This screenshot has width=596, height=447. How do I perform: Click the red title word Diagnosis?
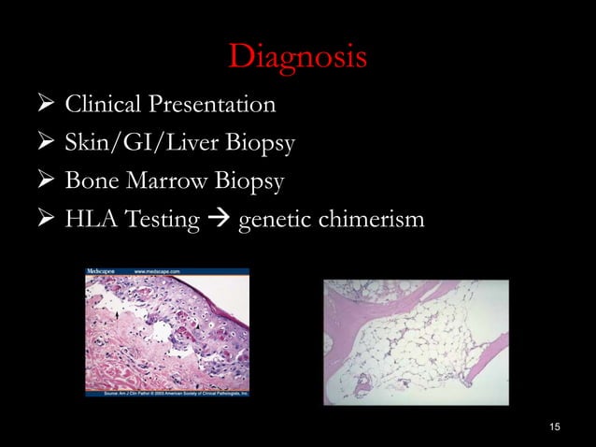[x=297, y=58]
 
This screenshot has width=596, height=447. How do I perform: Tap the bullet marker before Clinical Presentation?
[x=43, y=104]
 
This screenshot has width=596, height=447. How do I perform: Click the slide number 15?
[x=555, y=427]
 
